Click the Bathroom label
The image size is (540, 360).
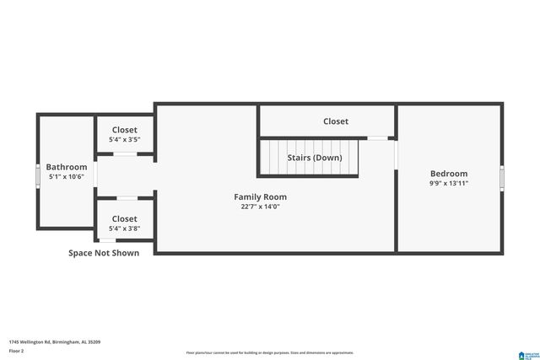67,167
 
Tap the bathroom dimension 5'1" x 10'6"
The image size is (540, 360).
67,177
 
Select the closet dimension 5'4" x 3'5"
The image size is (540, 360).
125,139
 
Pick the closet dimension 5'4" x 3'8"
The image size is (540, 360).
125,228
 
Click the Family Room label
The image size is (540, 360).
260,196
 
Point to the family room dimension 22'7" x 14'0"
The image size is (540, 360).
260,207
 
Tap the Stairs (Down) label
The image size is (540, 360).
315,158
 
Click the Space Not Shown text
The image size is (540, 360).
104,252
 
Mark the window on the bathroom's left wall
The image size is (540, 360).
37,176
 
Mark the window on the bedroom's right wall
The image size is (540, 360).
502,178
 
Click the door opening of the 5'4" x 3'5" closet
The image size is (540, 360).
126,154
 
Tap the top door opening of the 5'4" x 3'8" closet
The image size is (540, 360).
126,198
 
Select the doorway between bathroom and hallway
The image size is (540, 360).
94,175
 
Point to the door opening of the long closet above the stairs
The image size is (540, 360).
378,137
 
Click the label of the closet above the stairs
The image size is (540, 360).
336,121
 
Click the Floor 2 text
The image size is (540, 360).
17,350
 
